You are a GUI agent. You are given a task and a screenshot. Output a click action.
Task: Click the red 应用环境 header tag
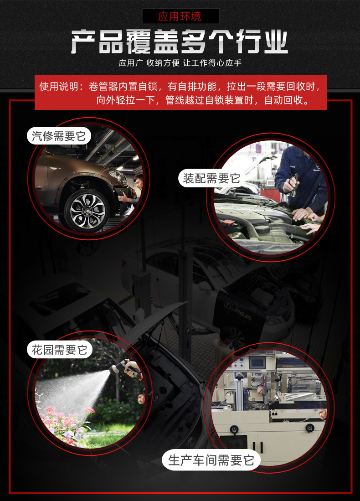coord(180,17)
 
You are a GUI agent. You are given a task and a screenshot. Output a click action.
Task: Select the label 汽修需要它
coord(58,135)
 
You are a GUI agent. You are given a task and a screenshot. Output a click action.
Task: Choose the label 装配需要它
coord(211,178)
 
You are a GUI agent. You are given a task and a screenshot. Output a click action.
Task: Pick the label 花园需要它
coord(59,350)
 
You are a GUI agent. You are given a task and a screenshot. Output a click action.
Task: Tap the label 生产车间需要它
coord(211,460)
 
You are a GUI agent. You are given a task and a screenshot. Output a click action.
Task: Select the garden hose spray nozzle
coord(125,367)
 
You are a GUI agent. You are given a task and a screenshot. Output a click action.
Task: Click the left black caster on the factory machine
coord(235,429)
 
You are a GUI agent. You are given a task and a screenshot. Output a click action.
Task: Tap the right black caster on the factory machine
coord(309,428)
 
